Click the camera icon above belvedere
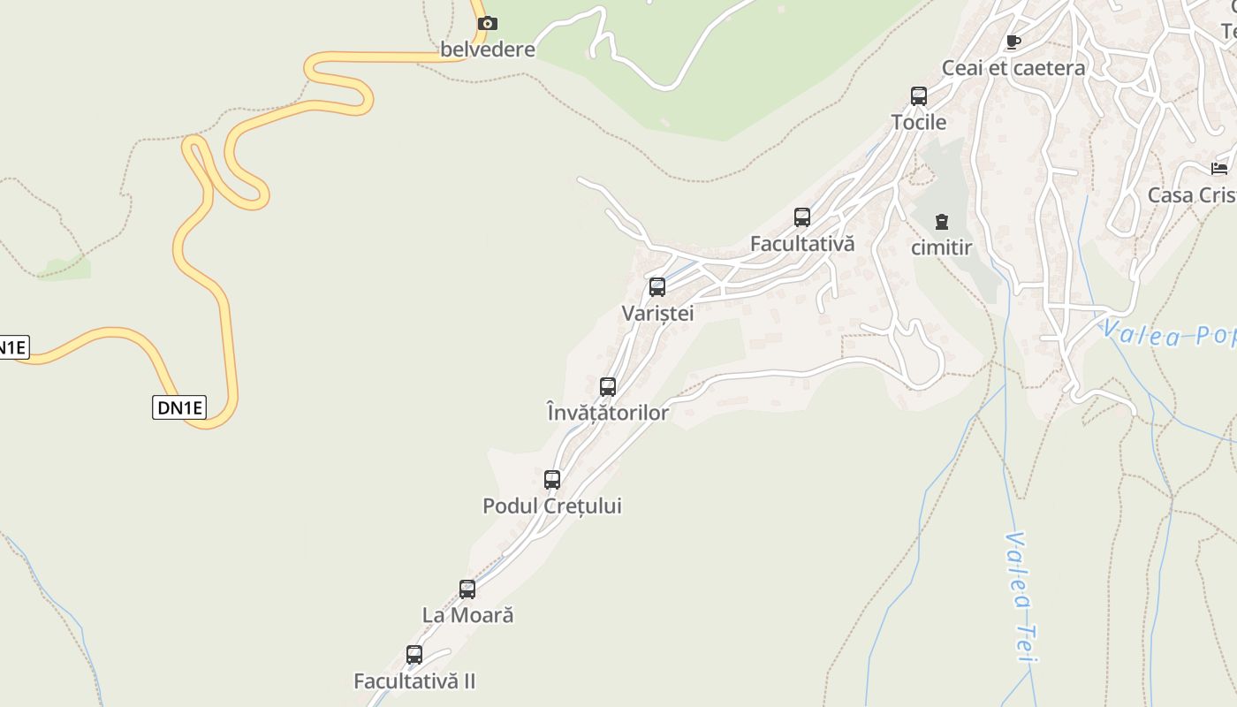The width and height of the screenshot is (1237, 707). click(487, 23)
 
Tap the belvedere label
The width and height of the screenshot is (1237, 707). click(488, 49)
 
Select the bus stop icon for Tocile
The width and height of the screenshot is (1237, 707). click(919, 96)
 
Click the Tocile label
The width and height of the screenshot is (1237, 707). click(919, 122)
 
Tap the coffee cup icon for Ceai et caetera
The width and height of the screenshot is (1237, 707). click(1013, 42)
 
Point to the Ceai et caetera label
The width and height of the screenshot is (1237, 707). click(1013, 68)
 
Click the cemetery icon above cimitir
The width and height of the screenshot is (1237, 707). click(942, 222)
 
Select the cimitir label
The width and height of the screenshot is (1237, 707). click(942, 247)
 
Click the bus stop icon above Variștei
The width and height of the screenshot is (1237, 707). click(657, 287)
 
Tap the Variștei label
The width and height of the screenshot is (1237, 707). click(657, 313)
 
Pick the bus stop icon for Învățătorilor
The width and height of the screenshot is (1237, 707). click(608, 387)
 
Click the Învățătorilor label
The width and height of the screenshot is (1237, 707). click(608, 413)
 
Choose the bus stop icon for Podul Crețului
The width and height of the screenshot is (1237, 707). click(552, 480)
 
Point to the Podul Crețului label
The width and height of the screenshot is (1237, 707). click(552, 506)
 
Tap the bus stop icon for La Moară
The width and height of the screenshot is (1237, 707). click(467, 589)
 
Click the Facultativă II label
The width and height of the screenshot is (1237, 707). click(414, 681)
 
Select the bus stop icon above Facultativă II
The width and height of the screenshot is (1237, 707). click(414, 655)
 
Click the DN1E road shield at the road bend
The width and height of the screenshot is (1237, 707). click(179, 407)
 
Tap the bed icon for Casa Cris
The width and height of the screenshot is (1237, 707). click(1220, 169)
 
